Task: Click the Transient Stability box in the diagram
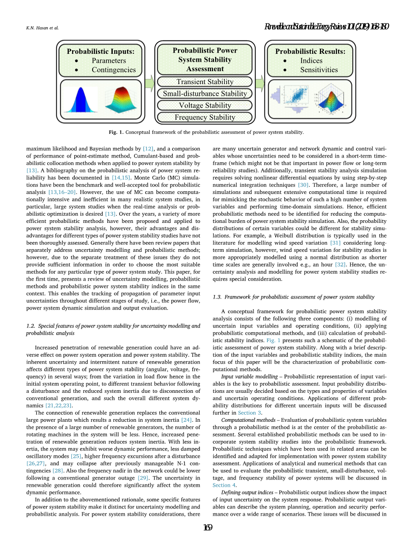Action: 204,82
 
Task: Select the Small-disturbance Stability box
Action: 204,93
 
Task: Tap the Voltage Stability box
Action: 204,105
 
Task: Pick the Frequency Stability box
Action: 204,117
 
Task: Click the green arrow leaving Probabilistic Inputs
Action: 150,82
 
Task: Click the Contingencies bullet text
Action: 114,70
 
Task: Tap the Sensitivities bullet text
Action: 319,70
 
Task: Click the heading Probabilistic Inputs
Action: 101,51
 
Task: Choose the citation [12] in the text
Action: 148,149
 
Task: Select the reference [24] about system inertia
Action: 186,420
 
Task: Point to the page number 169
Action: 207,528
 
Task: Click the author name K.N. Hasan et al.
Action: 42,28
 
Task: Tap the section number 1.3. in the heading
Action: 217,297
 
